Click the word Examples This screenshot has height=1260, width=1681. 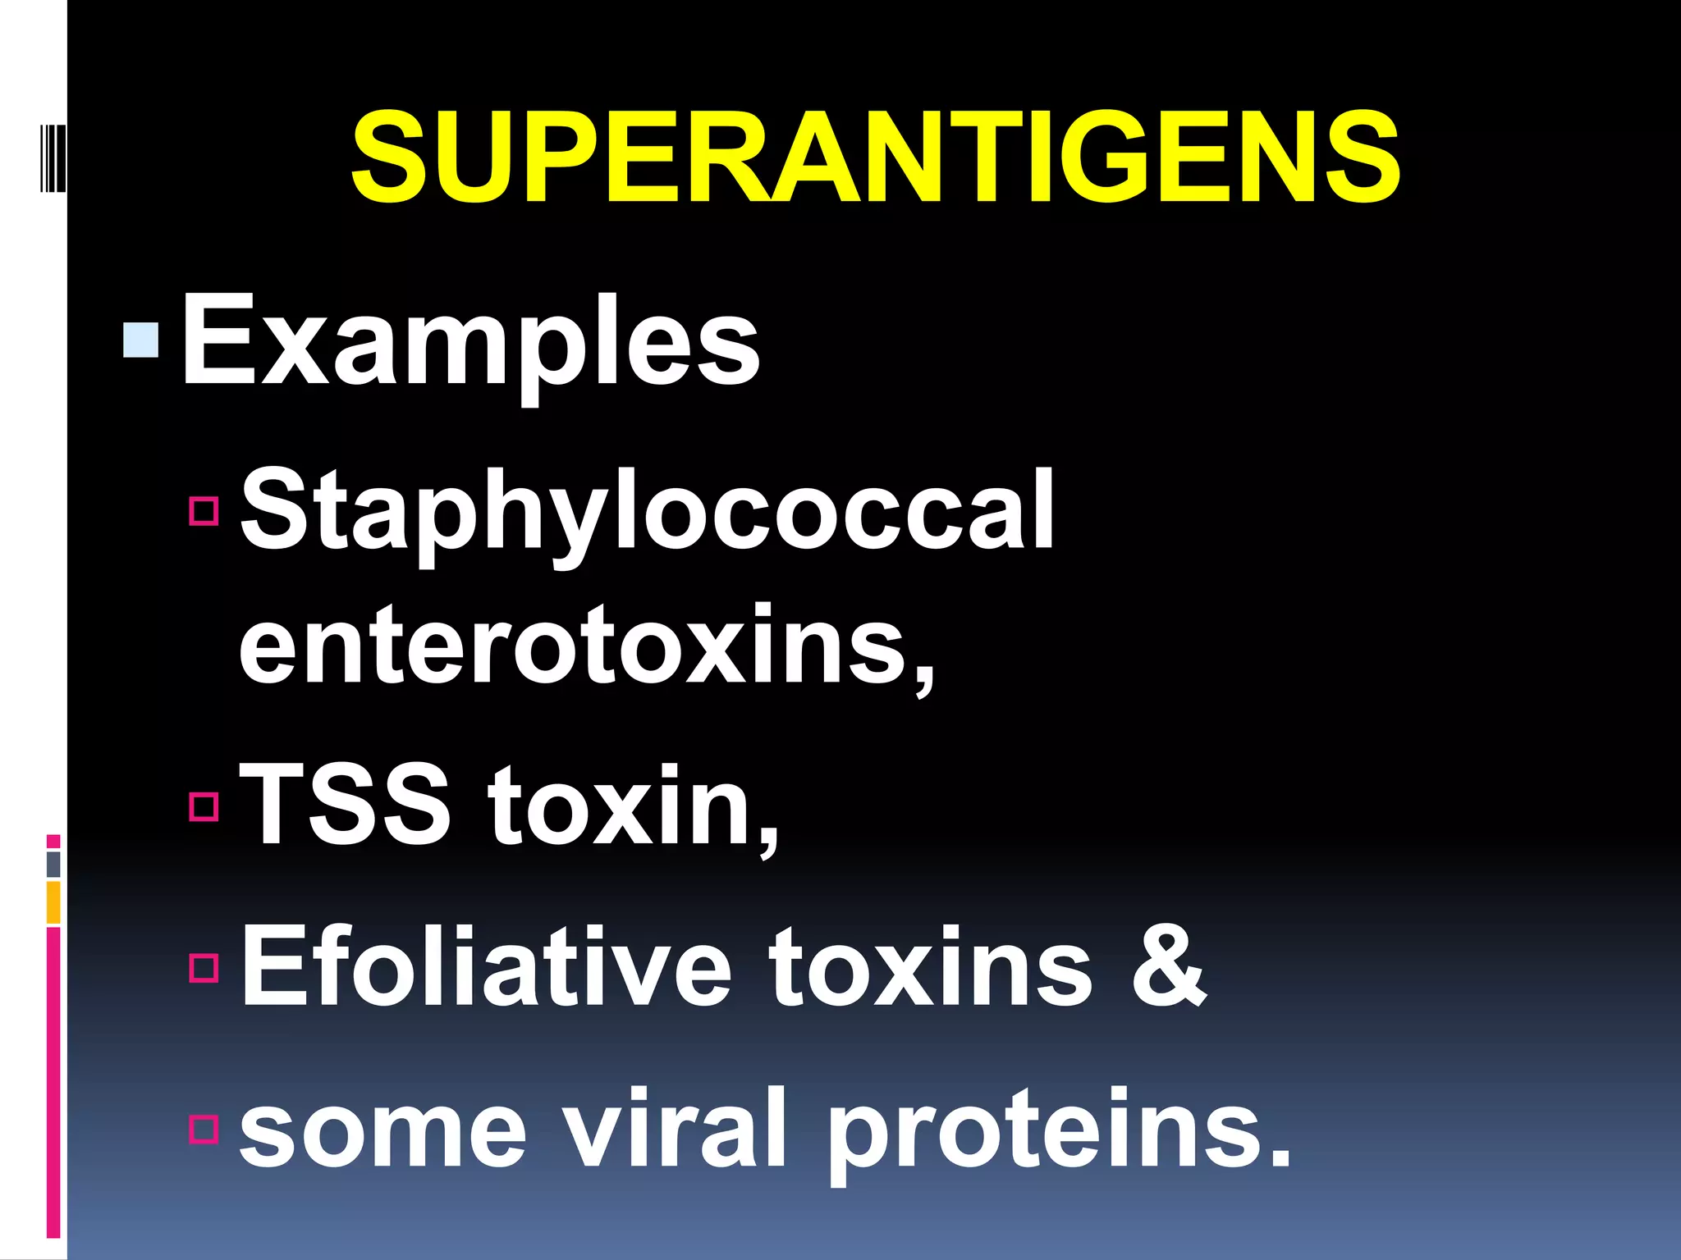tap(470, 340)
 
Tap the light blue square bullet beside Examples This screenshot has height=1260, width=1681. tap(140, 340)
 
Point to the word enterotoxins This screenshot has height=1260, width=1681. tap(586, 645)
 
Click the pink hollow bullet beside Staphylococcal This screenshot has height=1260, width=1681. tap(204, 509)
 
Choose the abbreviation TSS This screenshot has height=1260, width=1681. tap(345, 803)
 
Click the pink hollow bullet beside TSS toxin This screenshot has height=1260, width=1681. tap(204, 806)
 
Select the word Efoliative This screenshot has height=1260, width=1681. tap(485, 966)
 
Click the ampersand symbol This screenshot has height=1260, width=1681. tap(1168, 966)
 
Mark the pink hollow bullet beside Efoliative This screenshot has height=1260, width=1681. tap(204, 967)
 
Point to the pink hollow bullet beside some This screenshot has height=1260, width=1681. tap(204, 1129)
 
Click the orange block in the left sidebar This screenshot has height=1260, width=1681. tap(53, 902)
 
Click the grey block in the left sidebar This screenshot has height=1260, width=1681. tap(53, 864)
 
